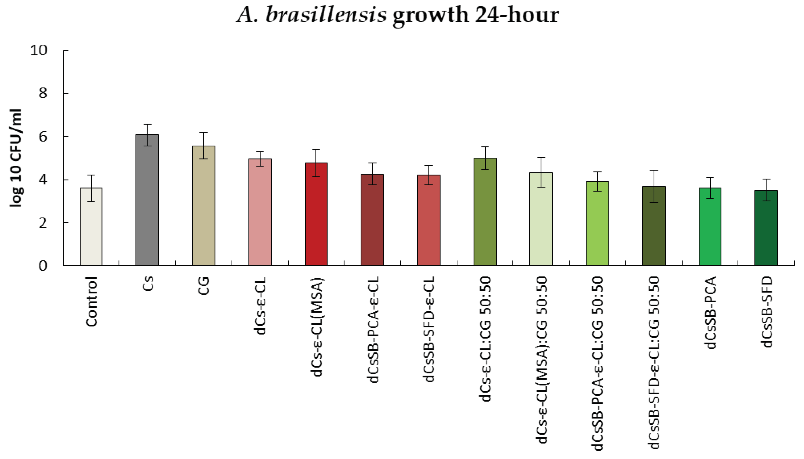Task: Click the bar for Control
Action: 91,227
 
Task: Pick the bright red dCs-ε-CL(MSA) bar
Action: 316,214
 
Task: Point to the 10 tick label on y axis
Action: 38,50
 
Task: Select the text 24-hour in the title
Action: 517,15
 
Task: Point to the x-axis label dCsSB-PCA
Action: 711,312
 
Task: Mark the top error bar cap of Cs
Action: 147,124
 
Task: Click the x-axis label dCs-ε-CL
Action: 260,306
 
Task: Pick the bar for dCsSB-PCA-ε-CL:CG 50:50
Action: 597,224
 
